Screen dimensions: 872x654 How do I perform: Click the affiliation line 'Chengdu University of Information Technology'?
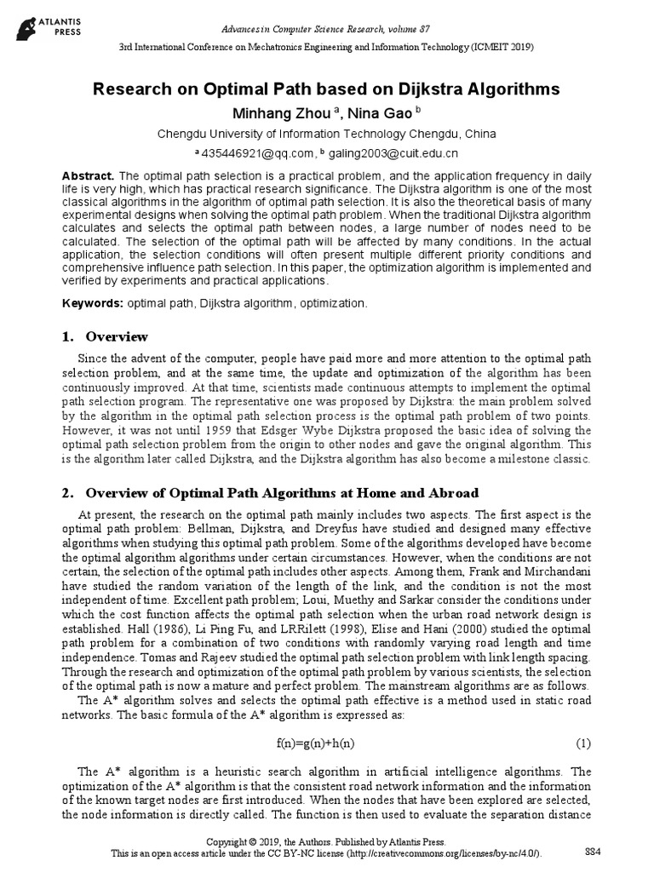click(327, 135)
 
